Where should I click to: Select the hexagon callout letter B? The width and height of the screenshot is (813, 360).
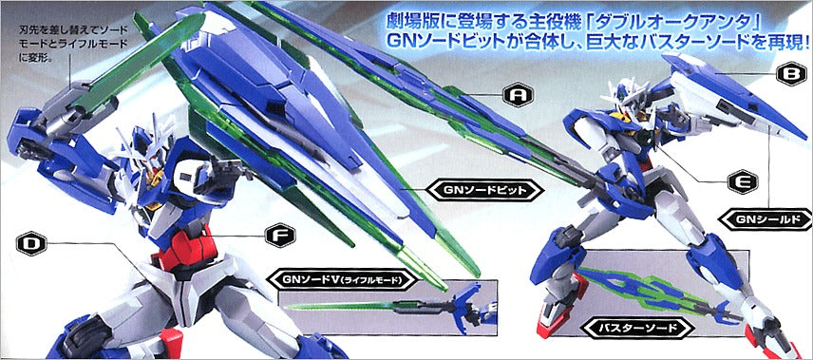[792, 75]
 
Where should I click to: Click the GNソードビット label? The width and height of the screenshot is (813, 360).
[484, 190]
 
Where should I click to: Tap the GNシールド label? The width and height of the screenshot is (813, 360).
[765, 218]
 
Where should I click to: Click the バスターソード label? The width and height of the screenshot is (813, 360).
[637, 328]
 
